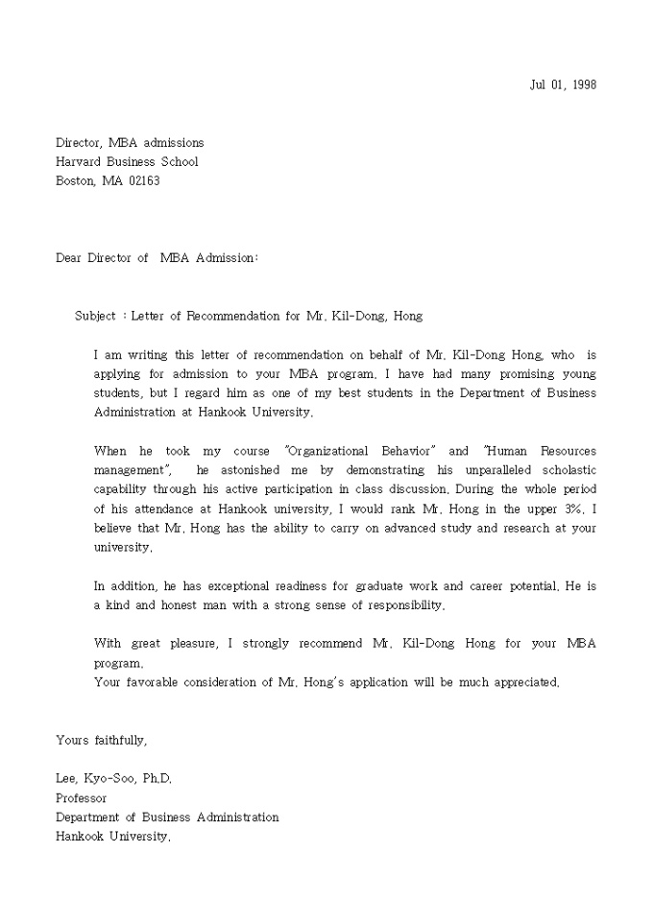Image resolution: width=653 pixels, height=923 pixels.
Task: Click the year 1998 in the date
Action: pyautogui.click(x=583, y=84)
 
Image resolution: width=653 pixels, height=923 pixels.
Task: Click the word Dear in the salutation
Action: pyautogui.click(x=69, y=258)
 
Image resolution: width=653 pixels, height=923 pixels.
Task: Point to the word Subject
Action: pyautogui.click(x=95, y=316)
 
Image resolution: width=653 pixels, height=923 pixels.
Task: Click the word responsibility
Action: pyautogui.click(x=408, y=604)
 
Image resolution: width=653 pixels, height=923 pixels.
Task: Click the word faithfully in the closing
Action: pyautogui.click(x=120, y=740)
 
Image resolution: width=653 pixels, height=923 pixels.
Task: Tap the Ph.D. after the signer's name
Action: pyautogui.click(x=157, y=779)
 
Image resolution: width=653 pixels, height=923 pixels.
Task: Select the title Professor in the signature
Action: pyautogui.click(x=81, y=798)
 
